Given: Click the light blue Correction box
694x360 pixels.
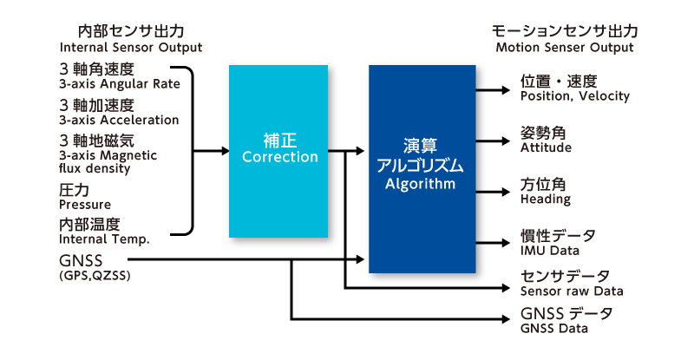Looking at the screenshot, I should tap(279, 149).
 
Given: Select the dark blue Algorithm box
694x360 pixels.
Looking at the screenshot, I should tap(423, 169).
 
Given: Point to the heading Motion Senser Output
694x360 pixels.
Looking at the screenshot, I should tap(565, 47).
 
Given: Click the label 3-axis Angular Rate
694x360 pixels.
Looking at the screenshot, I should tap(120, 84).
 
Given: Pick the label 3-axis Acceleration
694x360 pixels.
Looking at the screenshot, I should tap(119, 120).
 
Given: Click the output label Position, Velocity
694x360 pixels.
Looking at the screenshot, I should tap(574, 96).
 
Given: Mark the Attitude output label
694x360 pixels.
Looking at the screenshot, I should tap(546, 147).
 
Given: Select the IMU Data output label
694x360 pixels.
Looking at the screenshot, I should tap(552, 251).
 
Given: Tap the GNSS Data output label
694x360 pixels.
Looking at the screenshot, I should tap(553, 328).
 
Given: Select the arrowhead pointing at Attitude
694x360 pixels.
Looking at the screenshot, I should tap(506, 141).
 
